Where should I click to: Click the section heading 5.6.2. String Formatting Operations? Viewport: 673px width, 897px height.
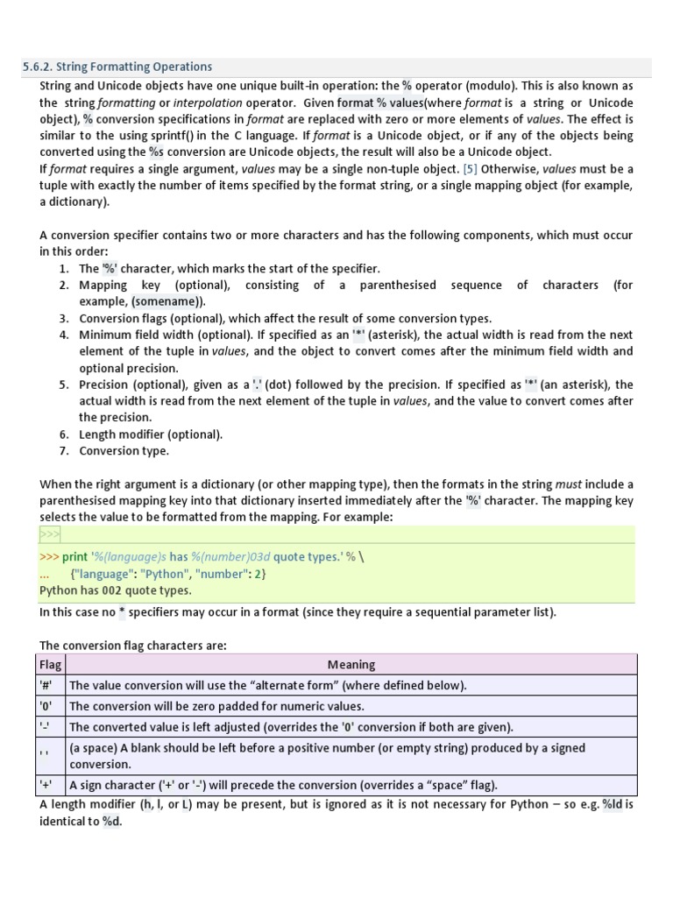click(x=117, y=67)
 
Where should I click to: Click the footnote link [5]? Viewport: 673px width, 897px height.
click(x=471, y=168)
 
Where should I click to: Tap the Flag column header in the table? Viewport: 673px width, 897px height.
click(x=50, y=665)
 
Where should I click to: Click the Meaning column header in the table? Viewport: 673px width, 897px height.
click(x=351, y=665)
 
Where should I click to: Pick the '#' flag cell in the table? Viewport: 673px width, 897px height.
click(x=46, y=685)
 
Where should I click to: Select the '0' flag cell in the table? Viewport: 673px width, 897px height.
click(x=46, y=706)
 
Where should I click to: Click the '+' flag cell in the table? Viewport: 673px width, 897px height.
click(x=46, y=785)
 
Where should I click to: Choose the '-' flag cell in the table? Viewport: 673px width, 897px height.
click(x=45, y=727)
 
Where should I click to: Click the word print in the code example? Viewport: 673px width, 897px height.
click(x=75, y=557)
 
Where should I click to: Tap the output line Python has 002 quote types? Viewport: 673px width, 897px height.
click(x=116, y=590)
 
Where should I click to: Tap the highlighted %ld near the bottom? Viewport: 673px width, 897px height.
click(x=612, y=804)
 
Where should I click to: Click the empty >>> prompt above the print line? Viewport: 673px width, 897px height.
click(x=50, y=535)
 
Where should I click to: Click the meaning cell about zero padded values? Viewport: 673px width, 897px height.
click(x=216, y=706)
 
